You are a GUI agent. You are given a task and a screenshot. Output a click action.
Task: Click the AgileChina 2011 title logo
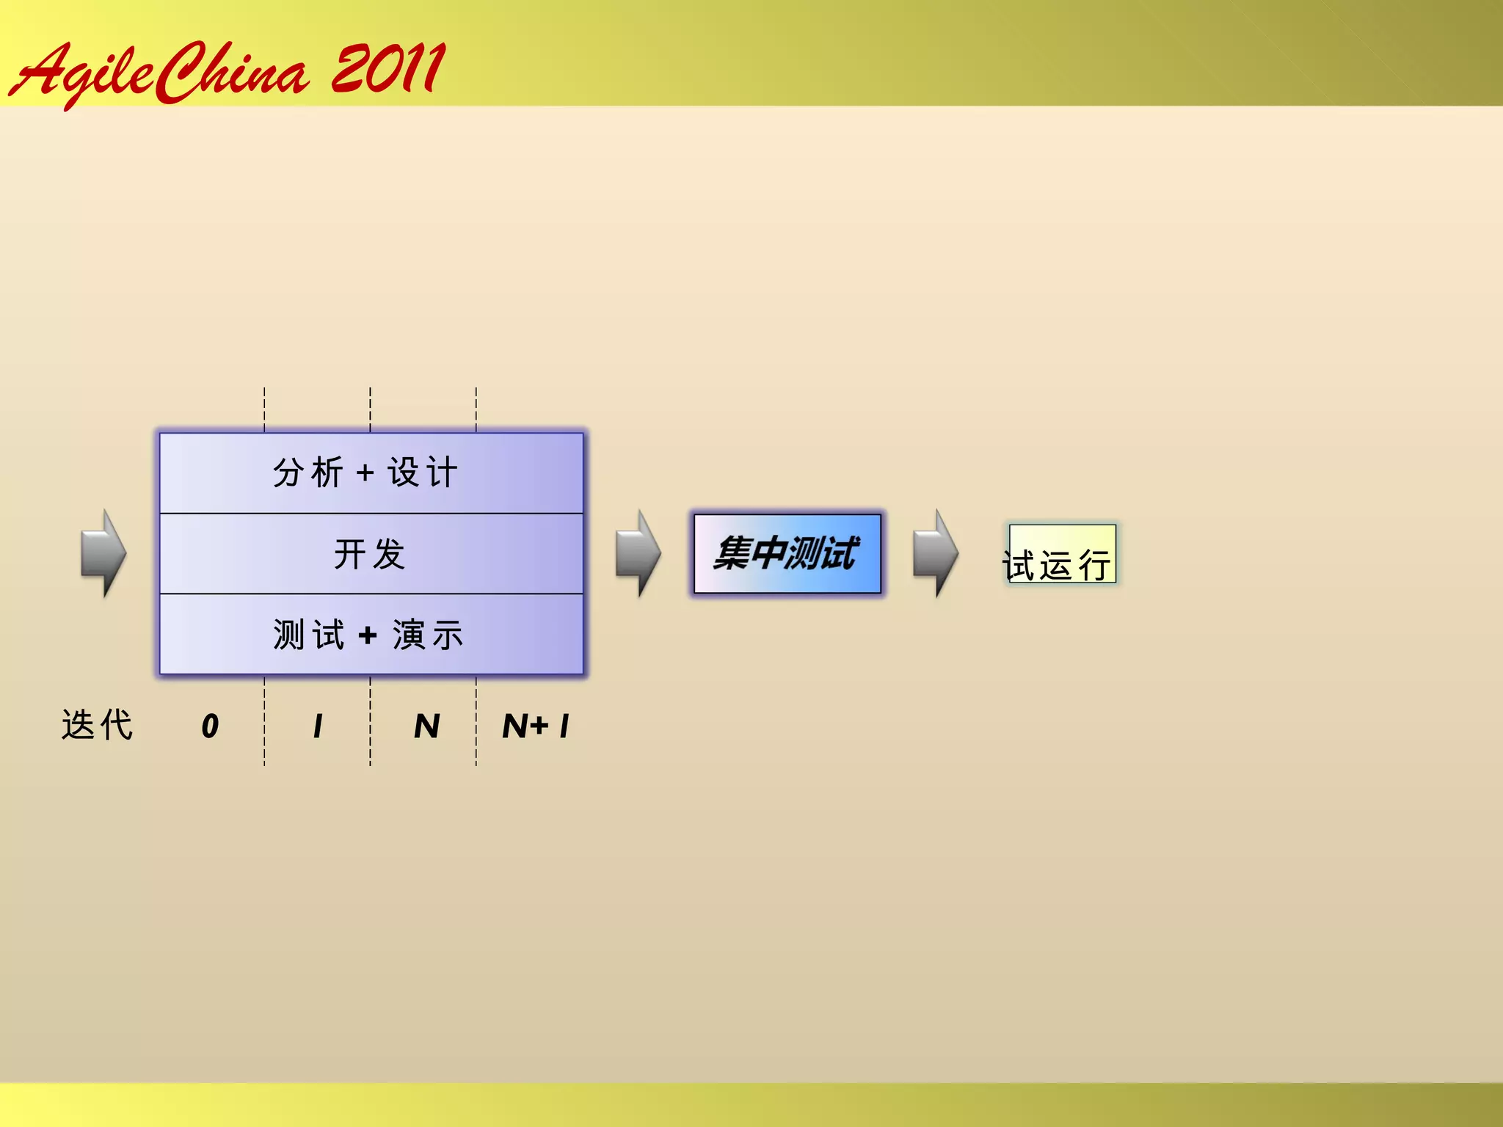(x=228, y=72)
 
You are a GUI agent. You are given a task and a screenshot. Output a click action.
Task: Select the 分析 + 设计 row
(x=371, y=473)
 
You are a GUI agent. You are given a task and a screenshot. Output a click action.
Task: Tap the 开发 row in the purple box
(x=371, y=553)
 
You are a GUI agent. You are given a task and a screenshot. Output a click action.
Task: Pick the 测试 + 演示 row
(x=371, y=635)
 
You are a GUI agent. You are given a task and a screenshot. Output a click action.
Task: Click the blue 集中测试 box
(x=787, y=553)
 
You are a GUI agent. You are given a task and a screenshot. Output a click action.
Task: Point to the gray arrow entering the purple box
(x=103, y=553)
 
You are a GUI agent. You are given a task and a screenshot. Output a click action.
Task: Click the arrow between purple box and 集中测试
(x=638, y=553)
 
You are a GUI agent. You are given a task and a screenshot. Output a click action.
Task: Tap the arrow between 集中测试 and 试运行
(x=936, y=553)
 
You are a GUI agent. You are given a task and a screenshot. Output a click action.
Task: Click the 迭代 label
(x=97, y=725)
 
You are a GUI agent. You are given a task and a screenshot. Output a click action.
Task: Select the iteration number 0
(x=210, y=726)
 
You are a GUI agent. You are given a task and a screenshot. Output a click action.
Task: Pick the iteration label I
(x=318, y=726)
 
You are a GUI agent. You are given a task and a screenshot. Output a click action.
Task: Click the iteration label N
(x=426, y=726)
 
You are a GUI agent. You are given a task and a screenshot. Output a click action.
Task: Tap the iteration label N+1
(x=536, y=726)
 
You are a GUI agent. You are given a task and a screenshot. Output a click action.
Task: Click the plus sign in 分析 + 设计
(x=365, y=473)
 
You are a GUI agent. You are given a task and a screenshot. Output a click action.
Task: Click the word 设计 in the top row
(x=423, y=473)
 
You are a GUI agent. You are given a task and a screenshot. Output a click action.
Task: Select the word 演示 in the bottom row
(x=428, y=635)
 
